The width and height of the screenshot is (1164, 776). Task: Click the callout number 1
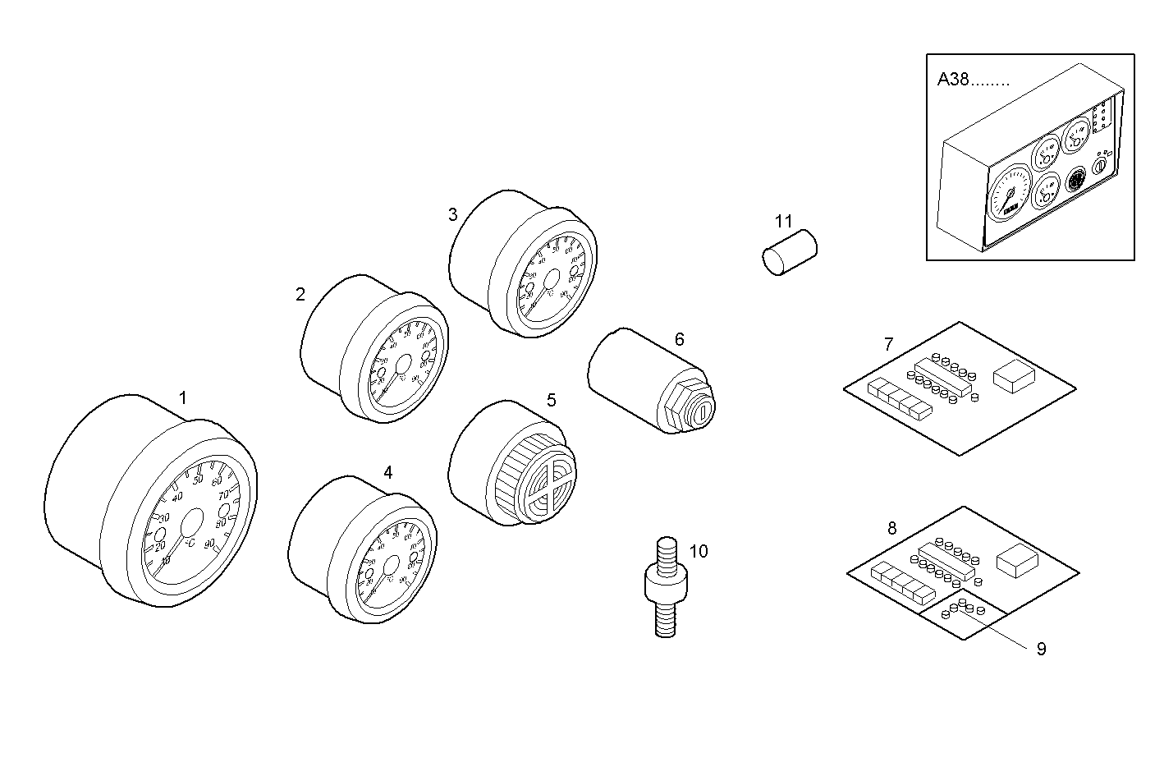(183, 398)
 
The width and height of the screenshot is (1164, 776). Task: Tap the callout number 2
(300, 294)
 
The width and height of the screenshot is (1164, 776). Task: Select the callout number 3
(452, 215)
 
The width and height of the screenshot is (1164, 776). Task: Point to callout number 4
(387, 472)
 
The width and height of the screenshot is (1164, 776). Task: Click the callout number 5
(551, 400)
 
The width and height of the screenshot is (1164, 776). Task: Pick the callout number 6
(679, 339)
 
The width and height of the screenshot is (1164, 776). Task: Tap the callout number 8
(892, 529)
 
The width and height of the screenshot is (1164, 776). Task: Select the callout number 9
(1041, 649)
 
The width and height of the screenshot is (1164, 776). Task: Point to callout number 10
(698, 551)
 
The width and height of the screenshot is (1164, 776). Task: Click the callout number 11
(783, 221)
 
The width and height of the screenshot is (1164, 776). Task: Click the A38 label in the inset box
(954, 80)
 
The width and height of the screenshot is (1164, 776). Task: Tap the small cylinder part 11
(786, 251)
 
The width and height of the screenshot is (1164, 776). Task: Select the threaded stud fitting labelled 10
(667, 587)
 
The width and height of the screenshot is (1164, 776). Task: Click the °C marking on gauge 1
(189, 544)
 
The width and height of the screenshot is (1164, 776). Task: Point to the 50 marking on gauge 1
(197, 480)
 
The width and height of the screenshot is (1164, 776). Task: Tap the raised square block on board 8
(1017, 561)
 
